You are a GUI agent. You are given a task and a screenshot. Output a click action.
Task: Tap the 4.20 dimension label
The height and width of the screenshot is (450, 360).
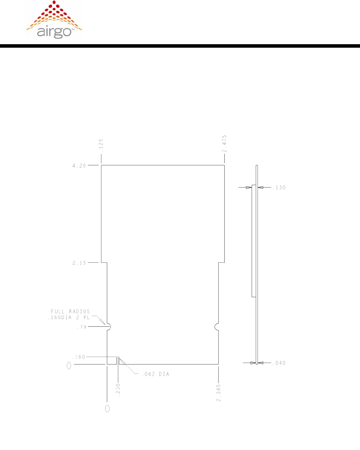click(79, 166)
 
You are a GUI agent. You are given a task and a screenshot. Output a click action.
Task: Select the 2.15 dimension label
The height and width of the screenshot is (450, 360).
click(79, 263)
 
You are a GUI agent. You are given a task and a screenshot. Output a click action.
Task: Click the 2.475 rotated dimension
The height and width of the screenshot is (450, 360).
click(225, 143)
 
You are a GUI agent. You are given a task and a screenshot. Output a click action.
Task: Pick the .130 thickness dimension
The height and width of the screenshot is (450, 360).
click(279, 188)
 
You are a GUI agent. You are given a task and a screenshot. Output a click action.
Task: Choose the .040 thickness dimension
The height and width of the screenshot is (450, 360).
click(279, 363)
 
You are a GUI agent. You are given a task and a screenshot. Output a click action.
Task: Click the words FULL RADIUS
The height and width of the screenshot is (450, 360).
click(71, 311)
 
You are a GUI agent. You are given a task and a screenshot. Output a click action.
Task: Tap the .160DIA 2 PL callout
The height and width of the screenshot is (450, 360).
click(69, 318)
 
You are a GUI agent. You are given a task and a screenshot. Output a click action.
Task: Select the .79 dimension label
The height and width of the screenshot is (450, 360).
click(81, 327)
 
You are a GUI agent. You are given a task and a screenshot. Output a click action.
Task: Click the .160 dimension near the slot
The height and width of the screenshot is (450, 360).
click(79, 357)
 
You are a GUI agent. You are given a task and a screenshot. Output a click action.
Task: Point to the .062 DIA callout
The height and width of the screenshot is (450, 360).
click(155, 374)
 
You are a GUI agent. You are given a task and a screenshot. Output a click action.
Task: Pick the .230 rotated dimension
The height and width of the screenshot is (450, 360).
click(118, 390)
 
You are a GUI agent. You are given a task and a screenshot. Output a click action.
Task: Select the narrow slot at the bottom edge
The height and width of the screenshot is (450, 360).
click(118, 361)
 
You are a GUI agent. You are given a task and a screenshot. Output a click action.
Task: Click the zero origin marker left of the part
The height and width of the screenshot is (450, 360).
click(69, 366)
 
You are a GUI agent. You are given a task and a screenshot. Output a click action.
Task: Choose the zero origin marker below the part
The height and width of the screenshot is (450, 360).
click(107, 409)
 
